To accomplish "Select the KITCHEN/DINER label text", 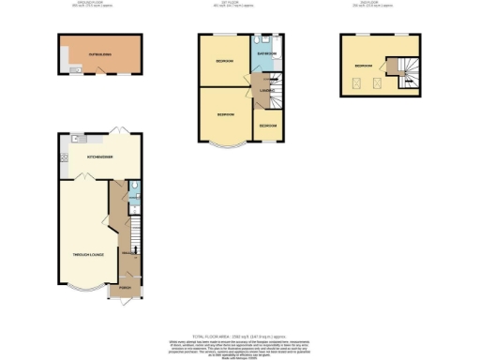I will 100,157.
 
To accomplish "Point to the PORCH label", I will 125,287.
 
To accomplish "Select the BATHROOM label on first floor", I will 265,55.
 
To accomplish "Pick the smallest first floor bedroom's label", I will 268,125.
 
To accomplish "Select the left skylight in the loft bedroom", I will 357,83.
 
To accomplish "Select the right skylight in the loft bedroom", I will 376,83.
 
